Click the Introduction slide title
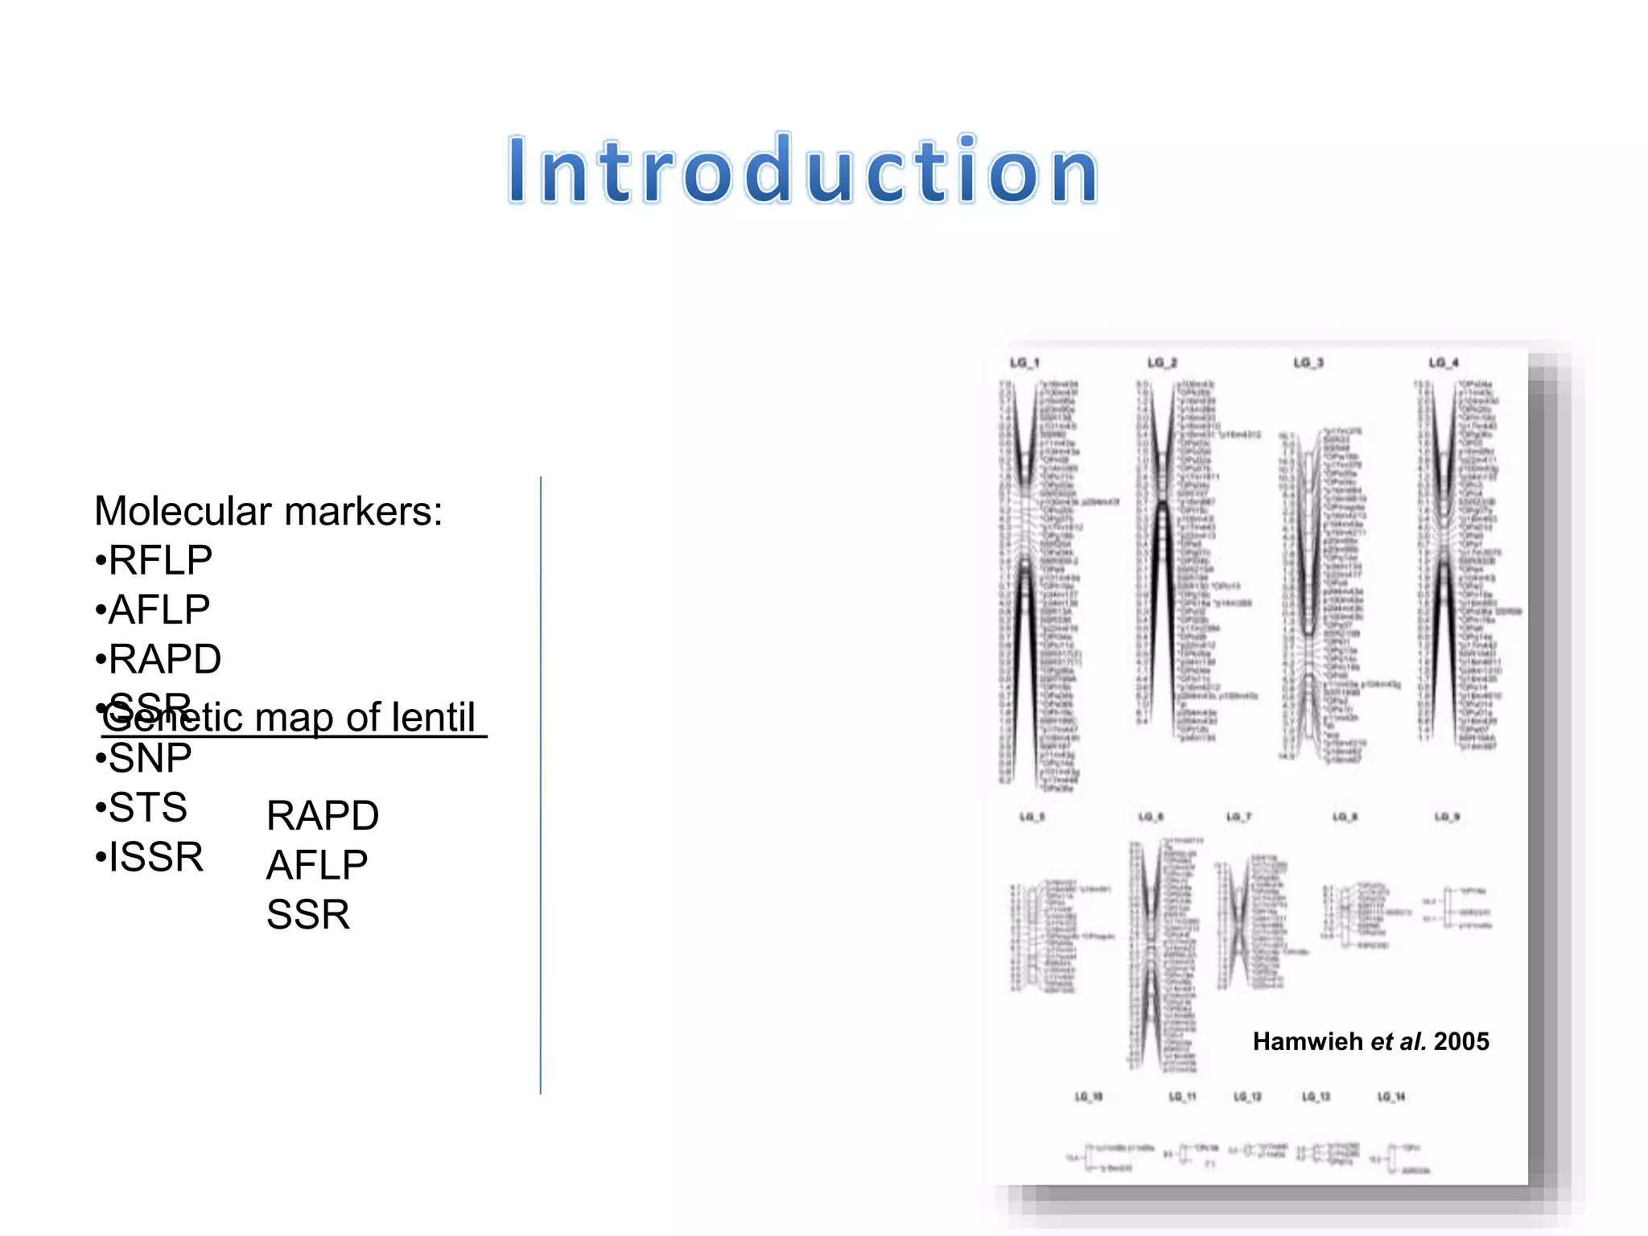[803, 171]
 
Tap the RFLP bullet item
[159, 561]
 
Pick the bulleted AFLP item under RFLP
[159, 610]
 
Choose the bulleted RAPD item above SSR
[164, 660]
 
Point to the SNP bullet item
[150, 758]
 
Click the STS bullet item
[147, 808]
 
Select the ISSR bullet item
[155, 857]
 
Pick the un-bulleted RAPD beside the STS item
[323, 816]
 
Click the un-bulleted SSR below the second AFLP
[308, 915]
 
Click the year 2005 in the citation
[1461, 1041]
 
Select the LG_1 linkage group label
[1024, 363]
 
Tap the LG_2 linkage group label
[1162, 363]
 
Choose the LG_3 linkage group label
[1308, 363]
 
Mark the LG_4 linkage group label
[1444, 363]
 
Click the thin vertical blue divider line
[541, 785]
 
